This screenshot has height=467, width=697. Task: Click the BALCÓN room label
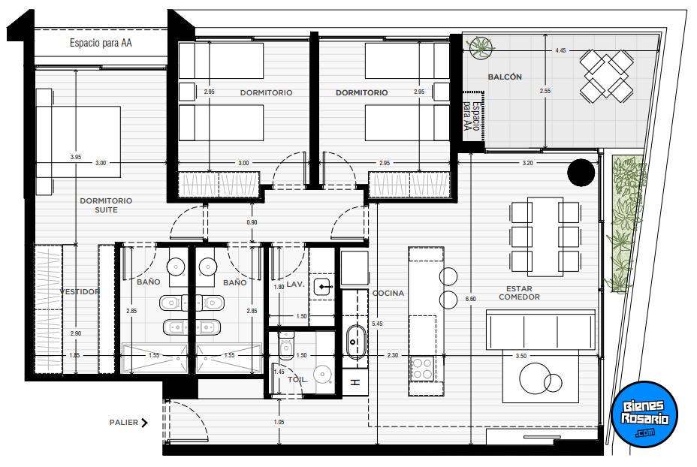505,77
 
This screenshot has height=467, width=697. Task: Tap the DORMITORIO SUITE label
106,205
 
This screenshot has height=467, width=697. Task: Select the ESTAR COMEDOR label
519,293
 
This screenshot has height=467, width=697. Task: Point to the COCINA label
388,294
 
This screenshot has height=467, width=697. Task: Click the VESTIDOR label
80,291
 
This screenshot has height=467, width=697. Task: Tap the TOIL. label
297,380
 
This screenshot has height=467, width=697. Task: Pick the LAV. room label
295,284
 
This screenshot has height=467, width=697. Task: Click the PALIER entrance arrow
144,423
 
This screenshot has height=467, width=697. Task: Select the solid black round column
581,173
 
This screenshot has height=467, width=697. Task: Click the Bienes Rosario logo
644,414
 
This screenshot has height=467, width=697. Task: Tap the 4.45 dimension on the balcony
560,50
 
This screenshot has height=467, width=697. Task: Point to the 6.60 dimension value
471,299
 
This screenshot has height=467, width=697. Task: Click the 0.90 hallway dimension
252,222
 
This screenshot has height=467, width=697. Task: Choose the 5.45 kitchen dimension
377,324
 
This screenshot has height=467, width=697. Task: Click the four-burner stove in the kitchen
422,369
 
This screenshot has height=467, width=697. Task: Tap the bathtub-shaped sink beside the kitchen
355,342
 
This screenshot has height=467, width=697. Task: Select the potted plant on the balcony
481,47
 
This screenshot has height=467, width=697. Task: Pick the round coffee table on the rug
535,378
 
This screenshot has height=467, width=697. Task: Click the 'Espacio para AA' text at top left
101,43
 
